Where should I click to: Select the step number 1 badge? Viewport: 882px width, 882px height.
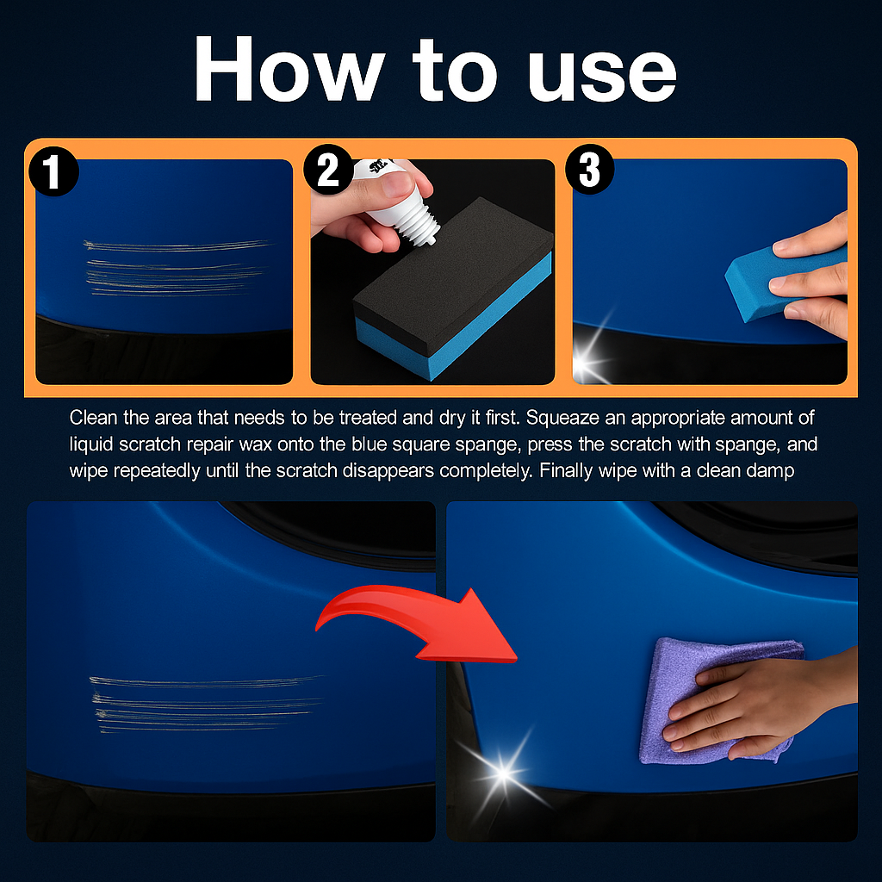[53, 171]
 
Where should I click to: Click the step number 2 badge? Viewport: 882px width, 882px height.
[328, 170]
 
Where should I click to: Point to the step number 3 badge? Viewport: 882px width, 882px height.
[590, 170]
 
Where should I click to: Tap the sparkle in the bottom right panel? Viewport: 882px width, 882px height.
[502, 774]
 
